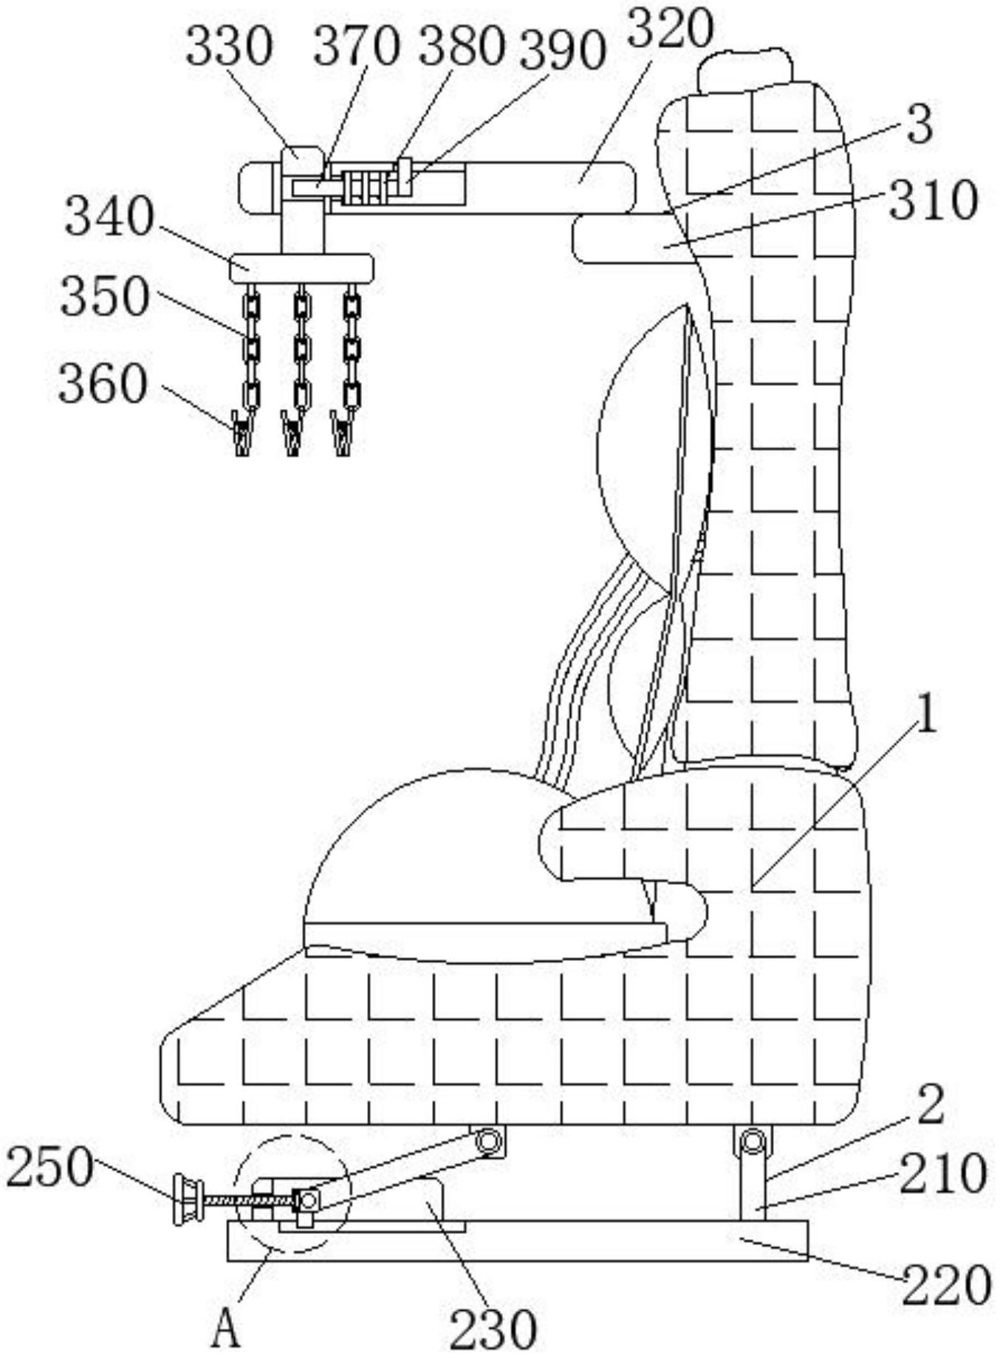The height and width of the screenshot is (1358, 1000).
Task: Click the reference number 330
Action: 228,47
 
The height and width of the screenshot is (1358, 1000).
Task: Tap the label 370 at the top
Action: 356,47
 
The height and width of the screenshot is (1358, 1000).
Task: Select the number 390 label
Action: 562,52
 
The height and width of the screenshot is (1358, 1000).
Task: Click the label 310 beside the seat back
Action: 934,201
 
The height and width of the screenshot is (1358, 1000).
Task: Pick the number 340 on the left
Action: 109,217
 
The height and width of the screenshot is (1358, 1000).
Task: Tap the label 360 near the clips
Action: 103,385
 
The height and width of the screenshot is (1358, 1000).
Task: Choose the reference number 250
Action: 49,1168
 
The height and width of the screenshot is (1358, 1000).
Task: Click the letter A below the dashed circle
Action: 227,1331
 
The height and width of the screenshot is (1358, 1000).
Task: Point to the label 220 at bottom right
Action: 946,1284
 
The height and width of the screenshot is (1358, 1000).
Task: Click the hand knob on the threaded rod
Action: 188,1202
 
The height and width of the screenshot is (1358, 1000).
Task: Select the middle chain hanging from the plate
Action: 301,347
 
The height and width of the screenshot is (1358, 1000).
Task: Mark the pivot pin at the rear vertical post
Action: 752,1142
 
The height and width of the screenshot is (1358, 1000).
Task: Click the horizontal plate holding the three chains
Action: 301,268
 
